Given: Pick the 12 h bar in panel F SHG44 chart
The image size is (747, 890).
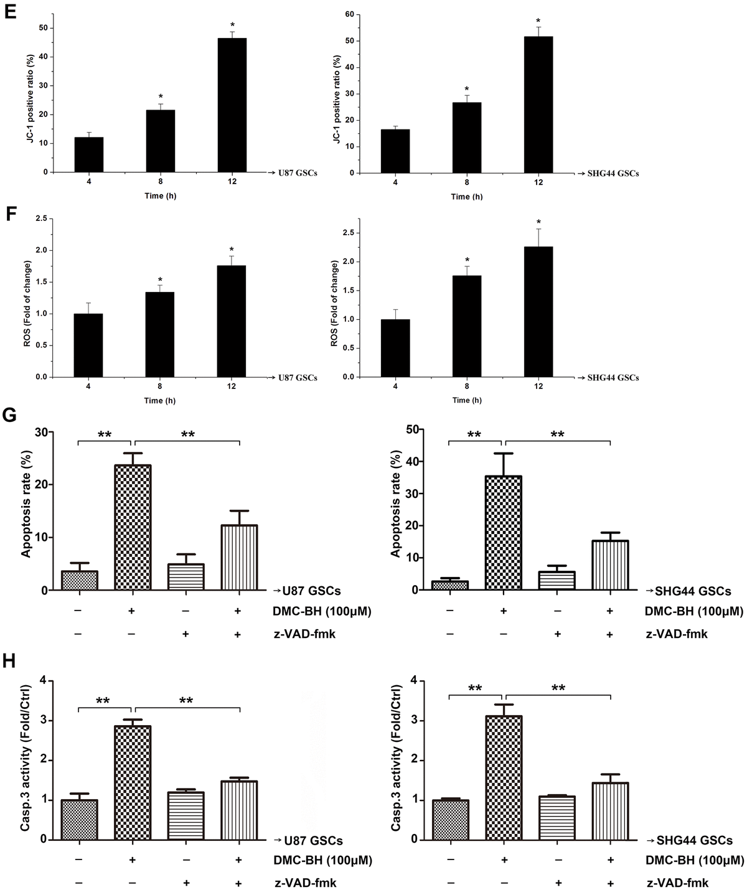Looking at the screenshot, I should click(x=538, y=312).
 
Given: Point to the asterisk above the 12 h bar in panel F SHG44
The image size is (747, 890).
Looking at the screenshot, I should click(x=538, y=222).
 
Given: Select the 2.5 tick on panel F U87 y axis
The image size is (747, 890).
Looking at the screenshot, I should click(x=42, y=218).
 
